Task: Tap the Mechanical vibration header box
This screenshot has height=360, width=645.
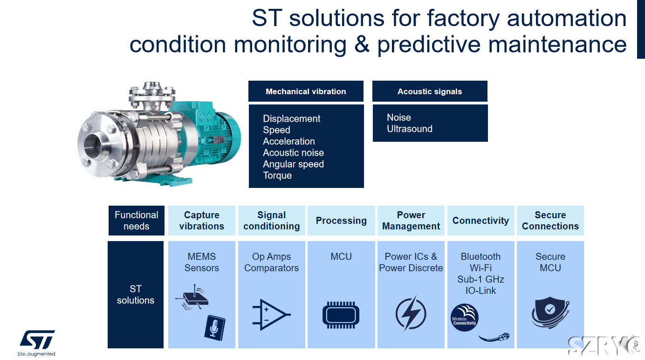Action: (x=306, y=91)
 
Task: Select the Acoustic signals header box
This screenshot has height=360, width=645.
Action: (x=430, y=91)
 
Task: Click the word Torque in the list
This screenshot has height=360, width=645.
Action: (x=277, y=175)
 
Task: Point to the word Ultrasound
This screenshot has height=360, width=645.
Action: (x=410, y=129)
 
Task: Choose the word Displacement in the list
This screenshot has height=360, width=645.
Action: (x=291, y=118)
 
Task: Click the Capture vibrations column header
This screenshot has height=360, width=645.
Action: (x=201, y=221)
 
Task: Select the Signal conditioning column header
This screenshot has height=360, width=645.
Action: (x=272, y=221)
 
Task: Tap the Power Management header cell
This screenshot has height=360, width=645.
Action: (x=411, y=221)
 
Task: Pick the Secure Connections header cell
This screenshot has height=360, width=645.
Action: (x=550, y=221)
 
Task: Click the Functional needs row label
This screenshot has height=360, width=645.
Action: (x=137, y=221)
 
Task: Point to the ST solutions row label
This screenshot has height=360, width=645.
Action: (x=136, y=295)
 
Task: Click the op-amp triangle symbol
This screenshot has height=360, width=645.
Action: (x=271, y=314)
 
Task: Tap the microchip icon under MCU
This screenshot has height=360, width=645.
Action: (x=341, y=315)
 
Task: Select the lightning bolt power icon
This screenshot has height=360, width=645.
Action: (x=411, y=313)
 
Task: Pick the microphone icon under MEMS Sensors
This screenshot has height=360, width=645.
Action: (x=215, y=328)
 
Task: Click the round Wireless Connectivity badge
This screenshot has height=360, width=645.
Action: (x=465, y=318)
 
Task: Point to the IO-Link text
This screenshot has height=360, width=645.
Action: (x=480, y=291)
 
